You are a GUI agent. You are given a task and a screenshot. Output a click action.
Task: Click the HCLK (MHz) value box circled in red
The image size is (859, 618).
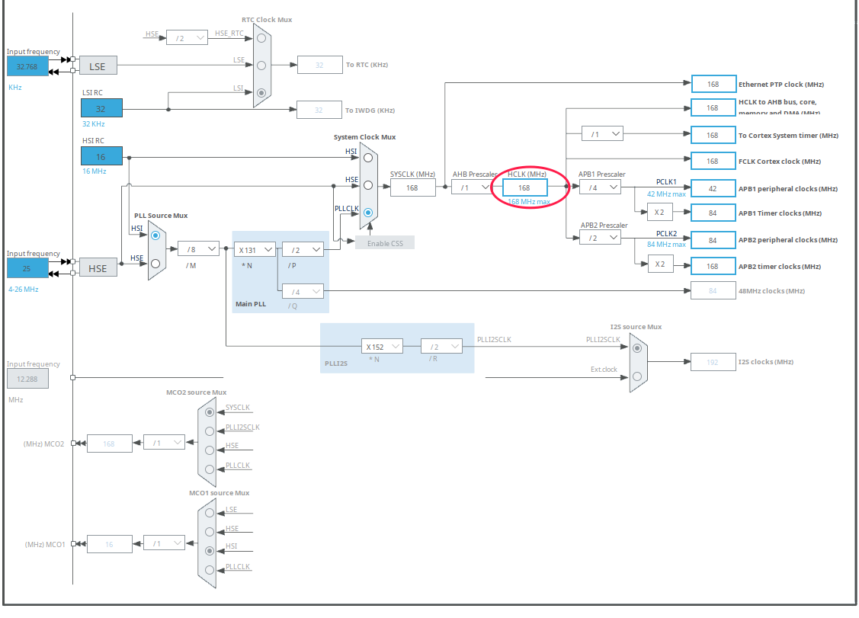[x=524, y=187]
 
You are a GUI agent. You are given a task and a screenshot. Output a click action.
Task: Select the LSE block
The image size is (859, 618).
[x=98, y=66]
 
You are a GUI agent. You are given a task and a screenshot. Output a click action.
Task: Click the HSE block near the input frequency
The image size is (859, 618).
[x=98, y=268]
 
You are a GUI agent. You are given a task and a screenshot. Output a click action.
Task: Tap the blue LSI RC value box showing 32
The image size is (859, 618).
[x=101, y=109]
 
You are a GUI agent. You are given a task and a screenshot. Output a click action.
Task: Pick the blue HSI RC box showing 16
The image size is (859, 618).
[x=101, y=156]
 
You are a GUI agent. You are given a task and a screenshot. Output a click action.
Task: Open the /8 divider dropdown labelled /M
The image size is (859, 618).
[x=198, y=248]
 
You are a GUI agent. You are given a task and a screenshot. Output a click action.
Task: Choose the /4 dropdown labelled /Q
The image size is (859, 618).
[x=303, y=291]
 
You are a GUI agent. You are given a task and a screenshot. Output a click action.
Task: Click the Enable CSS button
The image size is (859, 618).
[x=384, y=242]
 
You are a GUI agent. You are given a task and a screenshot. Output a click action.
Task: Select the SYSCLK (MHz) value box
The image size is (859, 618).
[x=412, y=187]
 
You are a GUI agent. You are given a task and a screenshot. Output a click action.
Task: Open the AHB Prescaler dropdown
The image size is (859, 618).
[x=471, y=187]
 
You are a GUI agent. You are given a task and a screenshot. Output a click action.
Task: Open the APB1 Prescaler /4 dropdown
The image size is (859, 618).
[x=600, y=187]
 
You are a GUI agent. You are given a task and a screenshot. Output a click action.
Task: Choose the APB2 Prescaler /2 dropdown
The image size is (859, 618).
[x=600, y=239]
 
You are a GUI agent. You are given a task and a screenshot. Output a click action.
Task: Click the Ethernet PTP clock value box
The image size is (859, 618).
[x=713, y=84]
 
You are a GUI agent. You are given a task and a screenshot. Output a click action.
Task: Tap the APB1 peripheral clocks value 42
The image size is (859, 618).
[x=713, y=188]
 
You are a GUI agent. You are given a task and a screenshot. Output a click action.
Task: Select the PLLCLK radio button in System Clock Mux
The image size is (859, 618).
[x=368, y=213]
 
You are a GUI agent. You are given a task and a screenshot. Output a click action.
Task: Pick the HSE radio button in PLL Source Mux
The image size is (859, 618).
[x=155, y=263]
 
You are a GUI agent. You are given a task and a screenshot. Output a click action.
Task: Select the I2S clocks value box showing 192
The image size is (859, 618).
[x=713, y=362]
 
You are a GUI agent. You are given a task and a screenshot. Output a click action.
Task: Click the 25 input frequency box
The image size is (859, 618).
[x=27, y=268]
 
